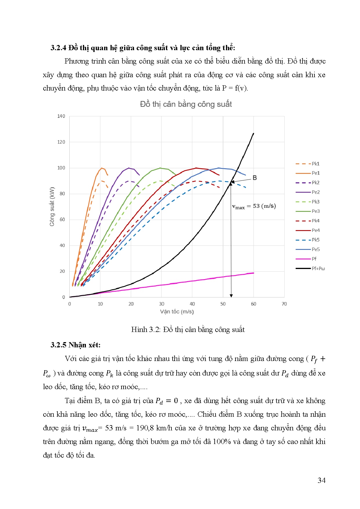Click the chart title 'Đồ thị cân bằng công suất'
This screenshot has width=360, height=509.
tap(186, 104)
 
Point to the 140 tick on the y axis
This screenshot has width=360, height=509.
tap(61, 116)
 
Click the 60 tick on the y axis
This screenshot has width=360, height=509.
tap(62, 220)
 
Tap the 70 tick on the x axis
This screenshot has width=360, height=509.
tap(284, 304)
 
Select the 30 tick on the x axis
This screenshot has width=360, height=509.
tap(162, 304)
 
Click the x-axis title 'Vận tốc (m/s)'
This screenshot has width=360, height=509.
tap(177, 312)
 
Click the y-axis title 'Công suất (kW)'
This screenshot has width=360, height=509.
tap(52, 207)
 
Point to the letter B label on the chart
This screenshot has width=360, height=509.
tap(255, 178)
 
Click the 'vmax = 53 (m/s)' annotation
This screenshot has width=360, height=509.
tap(254, 206)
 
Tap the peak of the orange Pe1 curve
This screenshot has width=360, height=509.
tap(102, 168)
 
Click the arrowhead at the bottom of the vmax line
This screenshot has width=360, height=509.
tap(231, 295)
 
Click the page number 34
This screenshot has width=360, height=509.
tap(321, 480)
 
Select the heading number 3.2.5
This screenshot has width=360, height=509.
tap(59, 345)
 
